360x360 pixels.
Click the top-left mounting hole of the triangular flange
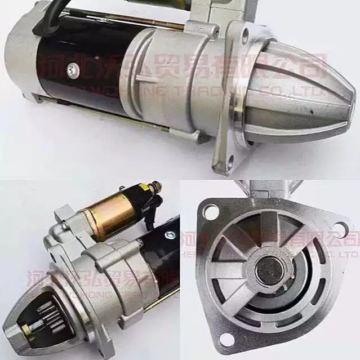click(211, 213)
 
